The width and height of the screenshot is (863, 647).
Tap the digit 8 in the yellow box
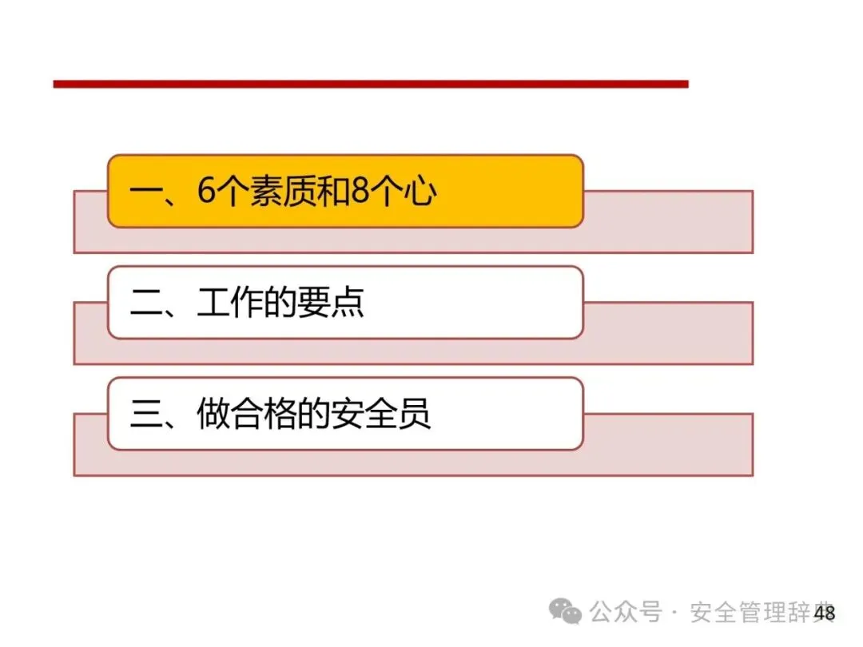pyautogui.click(x=360, y=191)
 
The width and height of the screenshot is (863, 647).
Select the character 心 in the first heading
pyautogui.click(x=420, y=192)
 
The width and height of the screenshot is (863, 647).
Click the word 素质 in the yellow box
pyautogui.click(x=284, y=192)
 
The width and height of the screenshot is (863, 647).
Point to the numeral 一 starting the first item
pyautogui.click(x=146, y=192)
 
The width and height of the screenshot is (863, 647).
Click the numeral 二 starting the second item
pyautogui.click(x=146, y=304)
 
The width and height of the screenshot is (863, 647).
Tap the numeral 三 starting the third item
pyautogui.click(x=146, y=414)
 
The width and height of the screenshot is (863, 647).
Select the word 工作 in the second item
pyautogui.click(x=230, y=303)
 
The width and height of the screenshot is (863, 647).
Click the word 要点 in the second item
pyautogui.click(x=331, y=303)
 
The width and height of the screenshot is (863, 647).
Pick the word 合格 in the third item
pyautogui.click(x=264, y=414)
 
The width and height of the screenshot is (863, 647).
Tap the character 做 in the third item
pyautogui.click(x=213, y=414)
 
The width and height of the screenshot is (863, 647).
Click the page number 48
pyautogui.click(x=825, y=613)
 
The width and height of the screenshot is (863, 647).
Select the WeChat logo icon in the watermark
pyautogui.click(x=565, y=611)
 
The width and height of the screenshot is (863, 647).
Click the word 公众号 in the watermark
pyautogui.click(x=625, y=612)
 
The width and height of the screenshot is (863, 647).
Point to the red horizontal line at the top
pyautogui.click(x=371, y=84)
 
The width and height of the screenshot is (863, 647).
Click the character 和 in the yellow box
pyautogui.click(x=334, y=192)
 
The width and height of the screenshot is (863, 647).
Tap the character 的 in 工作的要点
pyautogui.click(x=280, y=303)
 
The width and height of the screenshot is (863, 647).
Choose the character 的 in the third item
pyautogui.click(x=314, y=414)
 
